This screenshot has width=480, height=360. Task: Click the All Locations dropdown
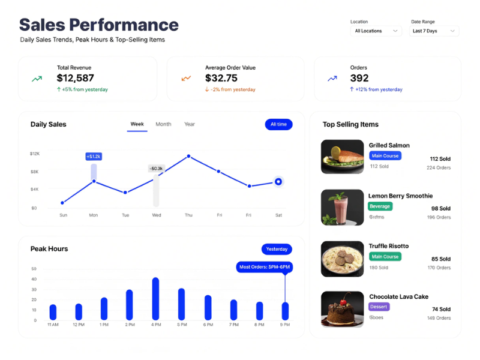pos(376,31)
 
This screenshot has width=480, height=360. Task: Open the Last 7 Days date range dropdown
pos(434,31)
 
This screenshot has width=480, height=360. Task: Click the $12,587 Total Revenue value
pos(76,78)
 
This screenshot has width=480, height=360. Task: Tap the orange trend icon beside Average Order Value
pos(186,78)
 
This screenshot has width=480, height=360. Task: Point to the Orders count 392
pos(359,78)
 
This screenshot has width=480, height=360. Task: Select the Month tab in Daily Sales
pos(163,124)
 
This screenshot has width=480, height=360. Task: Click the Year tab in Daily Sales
pos(190,124)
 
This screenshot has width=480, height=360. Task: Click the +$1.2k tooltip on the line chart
pos(94,156)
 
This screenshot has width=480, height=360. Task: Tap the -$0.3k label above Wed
pos(156,169)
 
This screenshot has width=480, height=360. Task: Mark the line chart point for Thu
pos(188,156)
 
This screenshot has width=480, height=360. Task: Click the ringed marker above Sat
pos(278,181)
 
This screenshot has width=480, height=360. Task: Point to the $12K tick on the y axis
pos(35,154)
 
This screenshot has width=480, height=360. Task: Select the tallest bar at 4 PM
pos(155,298)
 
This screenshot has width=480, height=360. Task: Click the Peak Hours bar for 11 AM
pos(53,312)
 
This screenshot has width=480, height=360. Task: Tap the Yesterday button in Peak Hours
pos(277,249)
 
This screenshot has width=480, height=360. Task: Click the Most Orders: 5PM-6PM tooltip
pos(265,267)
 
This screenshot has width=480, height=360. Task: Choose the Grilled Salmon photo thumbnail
pos(342,157)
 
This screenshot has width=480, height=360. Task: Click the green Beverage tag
pos(380,206)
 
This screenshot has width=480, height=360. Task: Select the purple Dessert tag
pos(379,307)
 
